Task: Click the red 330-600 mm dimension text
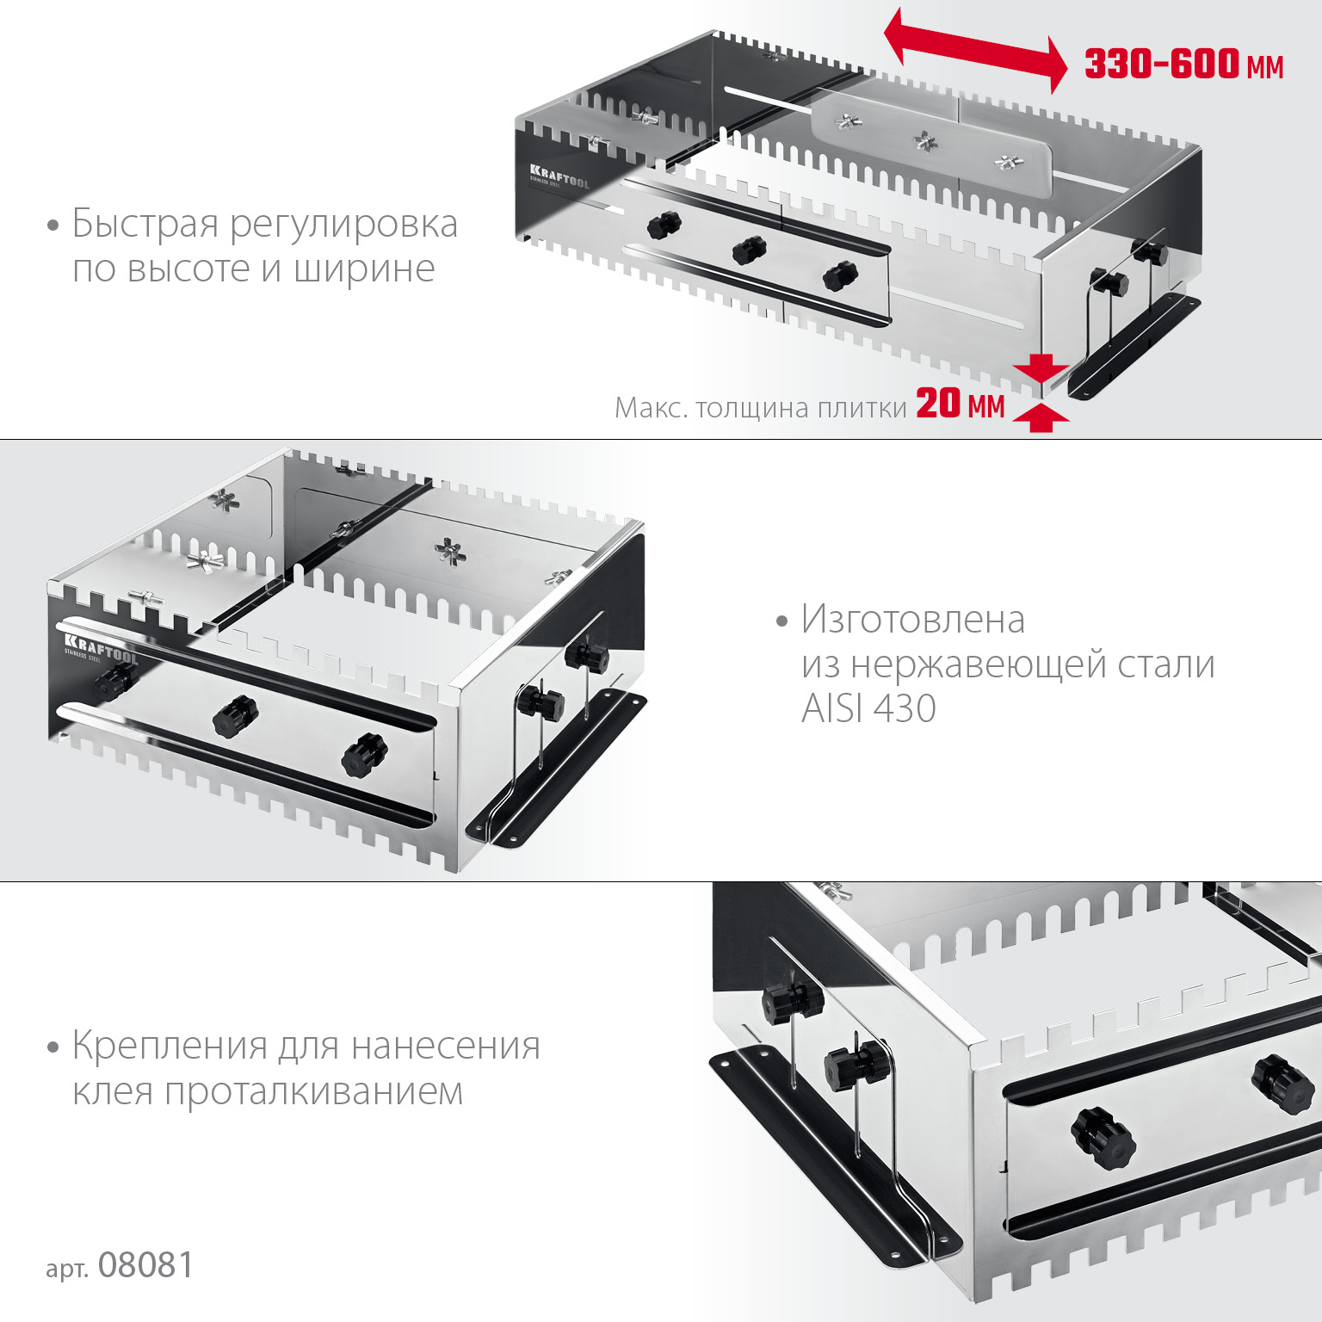[1183, 65]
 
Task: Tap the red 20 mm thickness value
[961, 404]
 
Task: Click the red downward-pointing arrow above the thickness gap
[1041, 368]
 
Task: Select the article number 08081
[145, 1265]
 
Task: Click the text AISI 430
[868, 708]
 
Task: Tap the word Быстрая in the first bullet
[145, 224]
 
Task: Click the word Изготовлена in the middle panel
[913, 619]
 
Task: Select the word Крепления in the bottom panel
[170, 1047]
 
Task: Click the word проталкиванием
[314, 1091]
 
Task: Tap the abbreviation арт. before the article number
[67, 1269]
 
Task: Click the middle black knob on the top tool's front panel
[749, 250]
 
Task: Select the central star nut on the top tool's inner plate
[925, 141]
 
